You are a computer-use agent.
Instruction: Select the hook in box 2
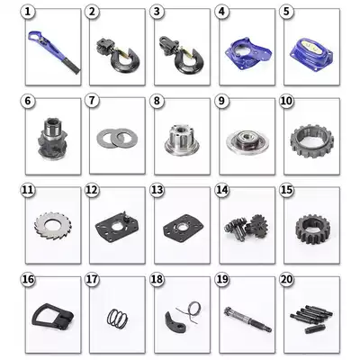pyautogui.click(x=117, y=57)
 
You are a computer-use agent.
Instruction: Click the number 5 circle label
pyautogui.click(x=287, y=13)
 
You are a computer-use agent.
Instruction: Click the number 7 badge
pyautogui.click(x=92, y=102)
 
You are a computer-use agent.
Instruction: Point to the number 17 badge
pyautogui.click(x=92, y=279)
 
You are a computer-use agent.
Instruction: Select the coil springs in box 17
pyautogui.click(x=114, y=317)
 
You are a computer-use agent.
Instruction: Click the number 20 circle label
pyautogui.click(x=287, y=279)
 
